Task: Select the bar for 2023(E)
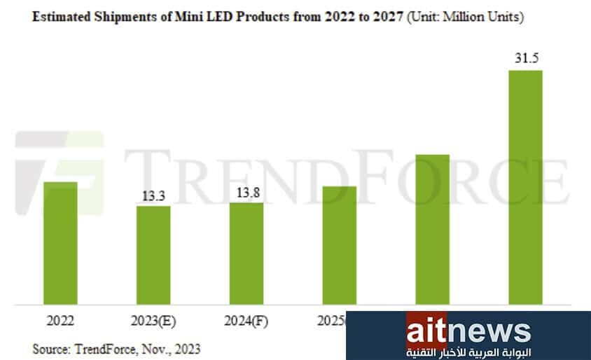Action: pyautogui.click(x=153, y=255)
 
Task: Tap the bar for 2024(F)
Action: pyautogui.click(x=246, y=254)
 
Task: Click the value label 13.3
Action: pyautogui.click(x=153, y=197)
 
